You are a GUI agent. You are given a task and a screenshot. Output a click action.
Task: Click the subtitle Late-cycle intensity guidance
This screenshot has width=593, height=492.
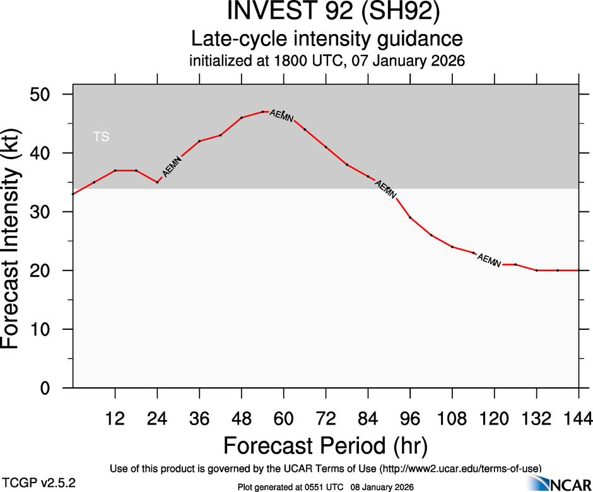coord(327,39)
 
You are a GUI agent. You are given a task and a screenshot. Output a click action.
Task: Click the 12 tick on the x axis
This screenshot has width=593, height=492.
coord(115,418)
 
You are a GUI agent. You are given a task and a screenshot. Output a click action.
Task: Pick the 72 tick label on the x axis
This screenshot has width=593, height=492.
coord(326,418)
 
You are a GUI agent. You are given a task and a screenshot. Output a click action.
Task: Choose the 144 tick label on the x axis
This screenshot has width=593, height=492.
coord(578,418)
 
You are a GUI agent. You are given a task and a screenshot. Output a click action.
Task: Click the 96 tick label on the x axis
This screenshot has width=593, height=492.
coord(410,418)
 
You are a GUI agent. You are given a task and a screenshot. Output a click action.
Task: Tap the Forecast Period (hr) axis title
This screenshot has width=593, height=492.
coord(326,445)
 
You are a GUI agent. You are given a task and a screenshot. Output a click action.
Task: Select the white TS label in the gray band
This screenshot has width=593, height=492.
coord(101,136)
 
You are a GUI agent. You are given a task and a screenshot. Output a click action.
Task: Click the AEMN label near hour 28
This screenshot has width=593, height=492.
coord(172,166)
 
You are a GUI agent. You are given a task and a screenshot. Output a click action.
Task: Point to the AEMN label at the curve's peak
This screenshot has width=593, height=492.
coord(281,115)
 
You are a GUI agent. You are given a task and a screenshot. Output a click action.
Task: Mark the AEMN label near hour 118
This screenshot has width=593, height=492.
coord(489,259)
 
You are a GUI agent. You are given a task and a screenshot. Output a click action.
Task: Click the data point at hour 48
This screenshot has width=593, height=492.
coord(242,117)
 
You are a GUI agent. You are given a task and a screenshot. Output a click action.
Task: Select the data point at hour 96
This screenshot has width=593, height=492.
coord(410,218)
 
